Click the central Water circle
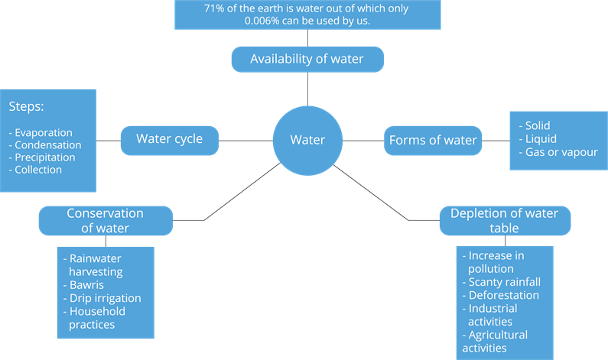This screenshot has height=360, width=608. (x=307, y=141)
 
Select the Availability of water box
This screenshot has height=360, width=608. (x=307, y=59)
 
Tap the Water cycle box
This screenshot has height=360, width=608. (x=170, y=139)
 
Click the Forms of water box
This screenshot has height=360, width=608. (x=433, y=140)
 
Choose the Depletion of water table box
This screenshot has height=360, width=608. (x=504, y=220)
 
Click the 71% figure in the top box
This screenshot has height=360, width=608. (x=216, y=8)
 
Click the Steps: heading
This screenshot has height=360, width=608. (x=26, y=106)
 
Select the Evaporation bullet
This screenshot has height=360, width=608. (x=44, y=132)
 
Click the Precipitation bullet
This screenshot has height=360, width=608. (x=45, y=157)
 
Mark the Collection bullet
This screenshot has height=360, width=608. (x=38, y=170)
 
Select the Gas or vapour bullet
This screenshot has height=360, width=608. (x=561, y=152)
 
